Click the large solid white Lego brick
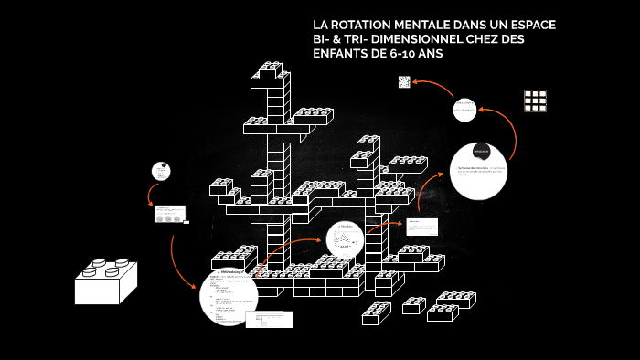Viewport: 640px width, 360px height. pos(105,281)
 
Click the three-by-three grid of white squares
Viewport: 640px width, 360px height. pos(535,100)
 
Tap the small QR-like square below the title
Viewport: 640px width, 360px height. pos(404,82)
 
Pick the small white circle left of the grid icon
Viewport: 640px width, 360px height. pos(466,111)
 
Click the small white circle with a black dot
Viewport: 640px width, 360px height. pos(161,171)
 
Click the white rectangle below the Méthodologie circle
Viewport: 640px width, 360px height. pos(269,319)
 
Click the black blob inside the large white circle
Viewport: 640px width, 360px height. pos(481,150)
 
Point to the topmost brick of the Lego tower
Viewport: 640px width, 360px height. pos(272,69)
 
